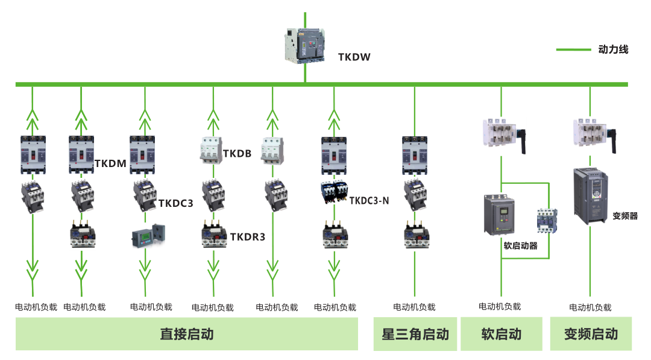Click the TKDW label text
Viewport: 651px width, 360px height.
[354, 57]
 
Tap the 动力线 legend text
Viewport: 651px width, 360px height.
[613, 49]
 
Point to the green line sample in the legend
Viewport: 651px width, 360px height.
[573, 49]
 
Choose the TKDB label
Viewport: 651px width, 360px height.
[237, 153]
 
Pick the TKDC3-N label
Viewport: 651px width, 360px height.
[369, 200]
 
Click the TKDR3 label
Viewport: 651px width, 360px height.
[247, 237]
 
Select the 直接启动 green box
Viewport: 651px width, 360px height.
[186, 333]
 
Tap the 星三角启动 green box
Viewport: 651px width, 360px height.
[415, 333]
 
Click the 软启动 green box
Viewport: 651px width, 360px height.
[502, 333]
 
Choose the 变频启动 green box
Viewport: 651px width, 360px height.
[591, 333]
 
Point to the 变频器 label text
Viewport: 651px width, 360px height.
[624, 215]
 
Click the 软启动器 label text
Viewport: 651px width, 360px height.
[520, 245]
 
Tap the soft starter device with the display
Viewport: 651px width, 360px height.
[501, 215]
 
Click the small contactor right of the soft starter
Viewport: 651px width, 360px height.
[548, 221]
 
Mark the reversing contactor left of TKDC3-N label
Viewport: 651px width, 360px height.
[333, 192]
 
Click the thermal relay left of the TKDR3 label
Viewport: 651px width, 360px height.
[213, 236]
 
